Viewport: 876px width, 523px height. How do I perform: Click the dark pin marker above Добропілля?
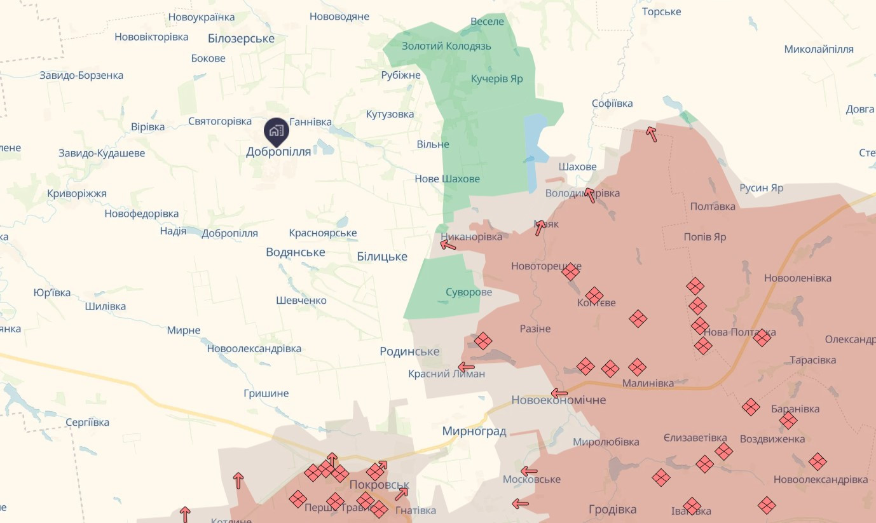click(276, 130)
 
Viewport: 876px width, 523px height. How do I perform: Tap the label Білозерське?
click(241, 39)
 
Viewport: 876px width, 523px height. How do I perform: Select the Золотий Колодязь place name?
click(446, 46)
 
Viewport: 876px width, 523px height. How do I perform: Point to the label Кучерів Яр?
click(496, 79)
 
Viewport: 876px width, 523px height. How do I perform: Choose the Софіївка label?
click(612, 103)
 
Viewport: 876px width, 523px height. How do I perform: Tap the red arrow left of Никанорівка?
click(448, 244)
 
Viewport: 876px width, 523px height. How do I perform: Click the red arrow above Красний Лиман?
click(467, 367)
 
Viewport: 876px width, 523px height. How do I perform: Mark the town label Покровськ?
click(379, 485)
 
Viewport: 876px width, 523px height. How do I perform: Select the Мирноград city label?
click(474, 431)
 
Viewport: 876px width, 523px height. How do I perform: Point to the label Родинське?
click(409, 351)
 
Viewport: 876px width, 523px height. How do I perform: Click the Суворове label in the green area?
click(469, 292)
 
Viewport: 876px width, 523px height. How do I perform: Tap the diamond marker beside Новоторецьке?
click(571, 272)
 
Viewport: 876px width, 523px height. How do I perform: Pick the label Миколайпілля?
click(818, 50)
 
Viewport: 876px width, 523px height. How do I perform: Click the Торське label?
click(661, 11)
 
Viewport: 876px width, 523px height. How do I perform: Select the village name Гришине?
click(266, 393)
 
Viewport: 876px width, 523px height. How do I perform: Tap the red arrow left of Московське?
click(529, 472)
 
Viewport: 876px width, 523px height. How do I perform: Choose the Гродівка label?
click(612, 510)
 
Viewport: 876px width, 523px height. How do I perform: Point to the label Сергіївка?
click(87, 422)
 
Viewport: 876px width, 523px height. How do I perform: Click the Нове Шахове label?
click(447, 179)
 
